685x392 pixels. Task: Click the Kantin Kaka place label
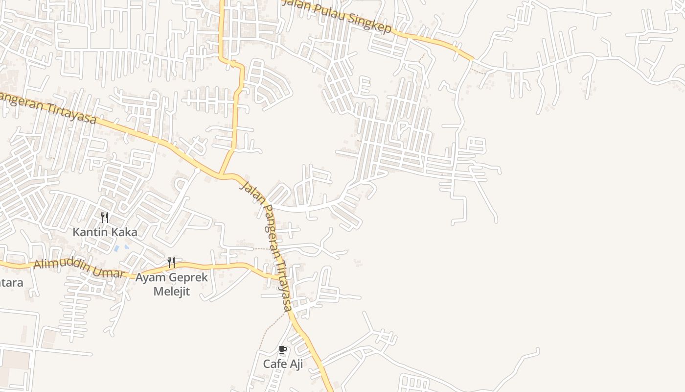(x=105, y=232)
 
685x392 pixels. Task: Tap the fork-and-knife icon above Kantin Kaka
(x=104, y=217)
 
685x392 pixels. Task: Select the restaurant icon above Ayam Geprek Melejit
(x=171, y=263)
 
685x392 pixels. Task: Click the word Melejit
(x=171, y=292)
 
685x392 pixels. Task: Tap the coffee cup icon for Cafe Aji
(x=282, y=349)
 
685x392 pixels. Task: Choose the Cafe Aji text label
(x=283, y=364)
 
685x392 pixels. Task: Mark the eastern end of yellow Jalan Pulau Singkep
(x=472, y=59)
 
